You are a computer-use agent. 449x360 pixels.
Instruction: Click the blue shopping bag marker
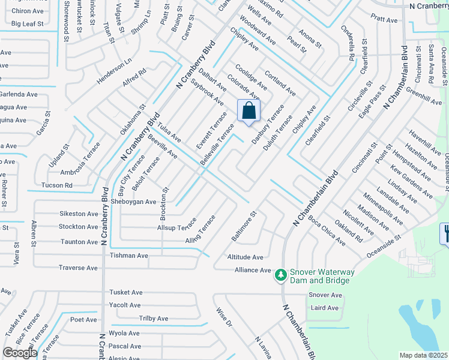coord(249,111)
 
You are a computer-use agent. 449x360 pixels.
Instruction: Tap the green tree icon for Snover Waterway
coord(280,275)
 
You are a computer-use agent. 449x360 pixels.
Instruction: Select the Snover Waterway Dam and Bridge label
coord(322,276)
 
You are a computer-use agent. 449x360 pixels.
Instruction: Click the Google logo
coord(20,353)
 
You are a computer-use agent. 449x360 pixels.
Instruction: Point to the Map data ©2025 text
coord(423,355)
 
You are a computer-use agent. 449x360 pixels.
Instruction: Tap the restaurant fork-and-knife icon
coord(445,233)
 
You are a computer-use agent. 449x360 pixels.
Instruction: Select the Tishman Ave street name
coord(128,256)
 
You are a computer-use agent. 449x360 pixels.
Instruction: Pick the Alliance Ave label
coord(253,270)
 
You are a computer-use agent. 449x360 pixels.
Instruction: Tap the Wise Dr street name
coord(223,317)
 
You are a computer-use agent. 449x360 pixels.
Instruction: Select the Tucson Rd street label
coord(56,185)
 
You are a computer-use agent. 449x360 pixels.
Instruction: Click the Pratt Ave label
coord(384,20)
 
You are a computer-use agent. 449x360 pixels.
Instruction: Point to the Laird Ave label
coord(325,308)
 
